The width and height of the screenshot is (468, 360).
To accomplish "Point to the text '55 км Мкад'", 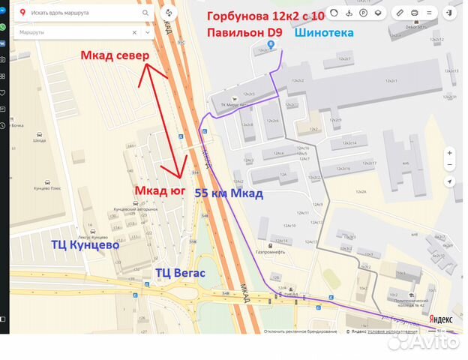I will click(229, 193).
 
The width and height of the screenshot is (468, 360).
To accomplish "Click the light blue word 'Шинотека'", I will click(324, 33).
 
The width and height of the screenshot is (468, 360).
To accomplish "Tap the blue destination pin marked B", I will click(281, 43).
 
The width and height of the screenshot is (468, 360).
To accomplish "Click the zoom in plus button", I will click(449, 152).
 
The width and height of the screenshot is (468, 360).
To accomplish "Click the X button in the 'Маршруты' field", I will click(134, 32).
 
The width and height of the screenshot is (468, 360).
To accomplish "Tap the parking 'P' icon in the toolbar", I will click(363, 13).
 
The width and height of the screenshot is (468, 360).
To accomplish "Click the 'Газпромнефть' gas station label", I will click(271, 251).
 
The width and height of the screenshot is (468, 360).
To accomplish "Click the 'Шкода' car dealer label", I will click(39, 141).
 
